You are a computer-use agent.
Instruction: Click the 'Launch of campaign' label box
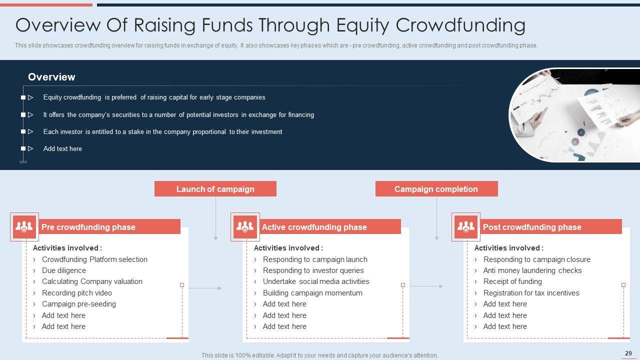215,189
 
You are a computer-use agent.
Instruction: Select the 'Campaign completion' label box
436,189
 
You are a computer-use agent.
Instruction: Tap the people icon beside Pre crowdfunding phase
24,227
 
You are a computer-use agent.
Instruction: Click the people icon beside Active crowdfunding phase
245,227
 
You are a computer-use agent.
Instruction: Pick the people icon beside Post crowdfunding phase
466,227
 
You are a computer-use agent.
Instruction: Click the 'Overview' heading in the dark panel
51,77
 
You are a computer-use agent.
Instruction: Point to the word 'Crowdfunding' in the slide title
460,25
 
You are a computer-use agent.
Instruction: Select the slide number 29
628,353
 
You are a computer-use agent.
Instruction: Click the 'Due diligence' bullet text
63,270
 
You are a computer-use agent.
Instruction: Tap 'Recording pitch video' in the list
77,293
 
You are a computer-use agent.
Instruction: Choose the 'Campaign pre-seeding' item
79,304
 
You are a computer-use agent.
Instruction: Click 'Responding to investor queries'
313,270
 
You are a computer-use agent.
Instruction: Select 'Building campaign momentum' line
312,293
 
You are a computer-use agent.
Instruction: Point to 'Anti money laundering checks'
532,270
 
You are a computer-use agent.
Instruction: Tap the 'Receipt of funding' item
512,281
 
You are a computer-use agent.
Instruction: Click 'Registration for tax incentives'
531,293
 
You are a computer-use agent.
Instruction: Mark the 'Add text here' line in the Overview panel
62,148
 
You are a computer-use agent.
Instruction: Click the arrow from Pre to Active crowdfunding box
205,288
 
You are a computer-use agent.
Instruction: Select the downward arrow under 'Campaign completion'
436,219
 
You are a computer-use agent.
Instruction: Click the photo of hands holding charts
574,115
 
